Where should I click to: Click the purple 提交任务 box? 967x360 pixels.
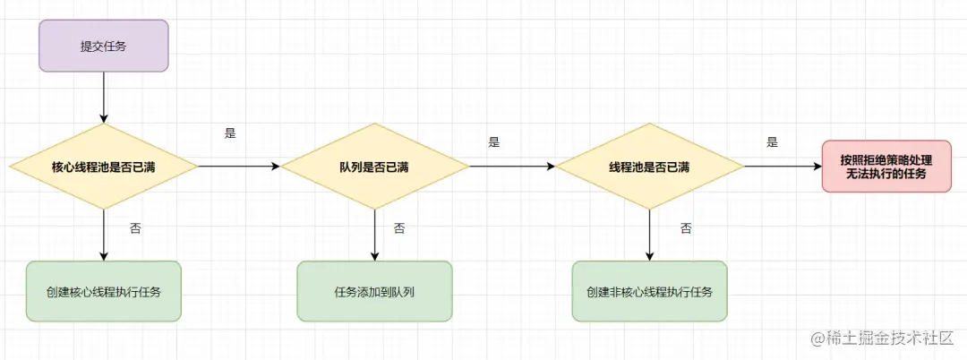103,46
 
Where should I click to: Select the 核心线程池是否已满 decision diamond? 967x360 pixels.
103,167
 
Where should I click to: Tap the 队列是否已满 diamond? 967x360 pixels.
374,167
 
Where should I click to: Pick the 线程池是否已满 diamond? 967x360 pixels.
649,167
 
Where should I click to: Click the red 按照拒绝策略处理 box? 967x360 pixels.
886,166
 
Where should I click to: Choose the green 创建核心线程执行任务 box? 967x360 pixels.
103,292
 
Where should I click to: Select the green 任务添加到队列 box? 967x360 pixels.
374,292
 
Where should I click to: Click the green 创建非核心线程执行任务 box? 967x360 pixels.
649,292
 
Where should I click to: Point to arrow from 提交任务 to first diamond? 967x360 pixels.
103,97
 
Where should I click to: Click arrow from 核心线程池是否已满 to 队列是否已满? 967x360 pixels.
238,167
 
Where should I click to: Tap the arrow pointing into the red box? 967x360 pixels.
783,167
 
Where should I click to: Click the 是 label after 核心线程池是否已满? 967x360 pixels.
229,133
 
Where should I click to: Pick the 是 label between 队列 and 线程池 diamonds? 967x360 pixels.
494,141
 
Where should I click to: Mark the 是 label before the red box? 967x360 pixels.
772,141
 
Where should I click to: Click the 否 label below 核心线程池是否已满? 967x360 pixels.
134,228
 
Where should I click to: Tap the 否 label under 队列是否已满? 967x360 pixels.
399,228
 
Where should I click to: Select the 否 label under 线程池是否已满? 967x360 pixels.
685,228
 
